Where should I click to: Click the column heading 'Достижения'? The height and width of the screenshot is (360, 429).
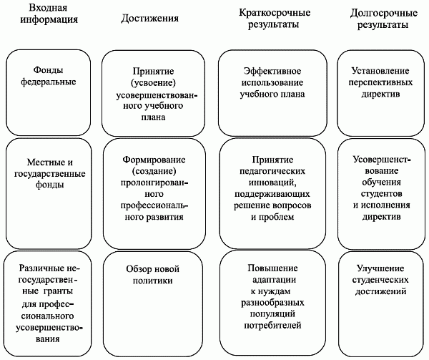click(x=149, y=19)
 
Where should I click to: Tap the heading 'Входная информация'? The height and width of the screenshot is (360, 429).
click(x=49, y=14)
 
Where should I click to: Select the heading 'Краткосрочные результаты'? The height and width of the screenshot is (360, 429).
click(x=275, y=19)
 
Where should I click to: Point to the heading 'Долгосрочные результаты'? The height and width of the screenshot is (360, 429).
click(x=383, y=19)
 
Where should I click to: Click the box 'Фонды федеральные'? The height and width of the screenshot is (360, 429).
click(x=49, y=92)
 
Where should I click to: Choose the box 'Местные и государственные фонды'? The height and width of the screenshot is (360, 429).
click(x=49, y=193)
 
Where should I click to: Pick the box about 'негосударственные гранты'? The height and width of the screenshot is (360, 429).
click(x=48, y=304)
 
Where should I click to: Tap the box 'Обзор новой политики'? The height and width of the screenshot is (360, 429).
click(x=153, y=304)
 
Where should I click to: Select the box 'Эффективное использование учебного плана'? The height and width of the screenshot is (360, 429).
click(x=272, y=93)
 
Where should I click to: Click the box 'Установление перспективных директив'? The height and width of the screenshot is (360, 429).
click(x=380, y=93)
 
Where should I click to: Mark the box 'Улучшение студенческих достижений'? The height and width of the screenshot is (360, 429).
click(x=381, y=304)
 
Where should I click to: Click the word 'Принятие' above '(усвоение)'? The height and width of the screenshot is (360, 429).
click(x=153, y=71)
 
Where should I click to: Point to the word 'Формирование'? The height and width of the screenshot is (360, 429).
click(x=154, y=160)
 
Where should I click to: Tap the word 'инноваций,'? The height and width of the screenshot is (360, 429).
click(x=272, y=183)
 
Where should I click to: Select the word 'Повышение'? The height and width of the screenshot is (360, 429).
click(x=272, y=268)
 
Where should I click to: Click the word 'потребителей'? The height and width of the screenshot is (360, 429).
click(x=272, y=325)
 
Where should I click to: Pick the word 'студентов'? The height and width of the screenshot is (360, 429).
click(x=381, y=193)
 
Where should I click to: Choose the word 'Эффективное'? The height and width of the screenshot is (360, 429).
click(x=272, y=71)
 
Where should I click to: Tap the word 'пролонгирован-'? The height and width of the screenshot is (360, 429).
click(x=154, y=183)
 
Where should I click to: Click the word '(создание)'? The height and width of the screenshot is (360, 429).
click(x=154, y=171)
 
